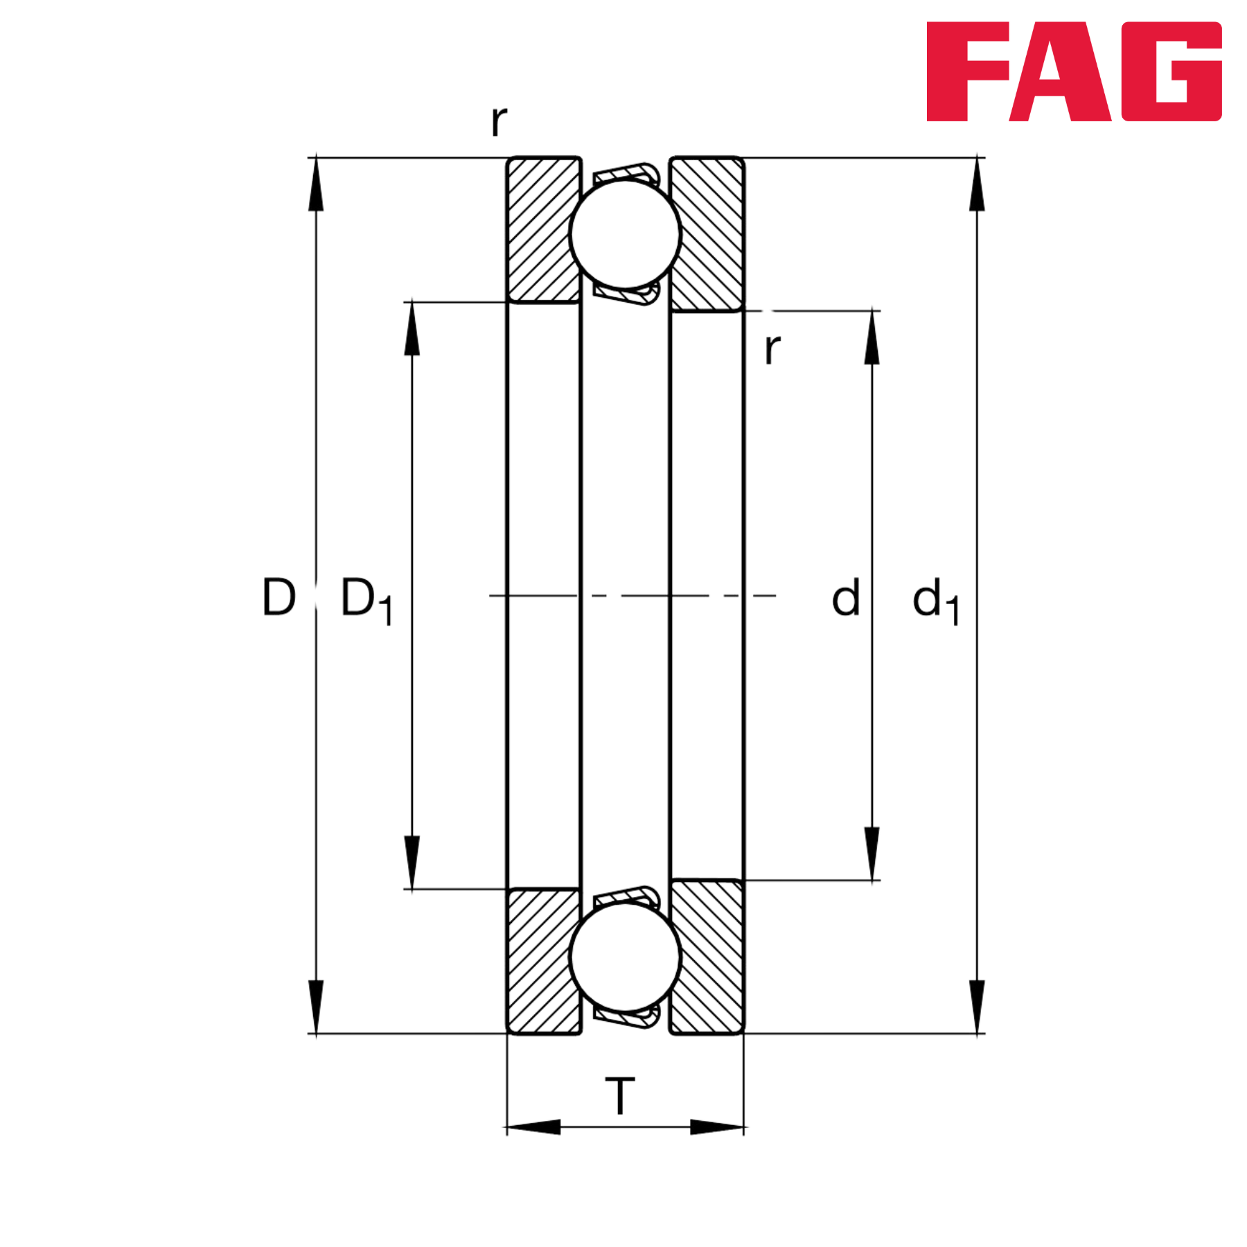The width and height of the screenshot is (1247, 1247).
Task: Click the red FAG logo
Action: (1074, 71)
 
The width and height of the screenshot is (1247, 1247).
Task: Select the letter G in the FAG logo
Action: (1171, 71)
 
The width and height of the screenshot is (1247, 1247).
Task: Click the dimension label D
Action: (279, 596)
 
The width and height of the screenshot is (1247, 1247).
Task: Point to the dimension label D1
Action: (366, 600)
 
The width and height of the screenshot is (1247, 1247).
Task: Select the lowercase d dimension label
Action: (845, 597)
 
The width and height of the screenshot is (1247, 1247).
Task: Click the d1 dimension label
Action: (935, 601)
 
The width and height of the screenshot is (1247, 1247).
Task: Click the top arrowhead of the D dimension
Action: (316, 184)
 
